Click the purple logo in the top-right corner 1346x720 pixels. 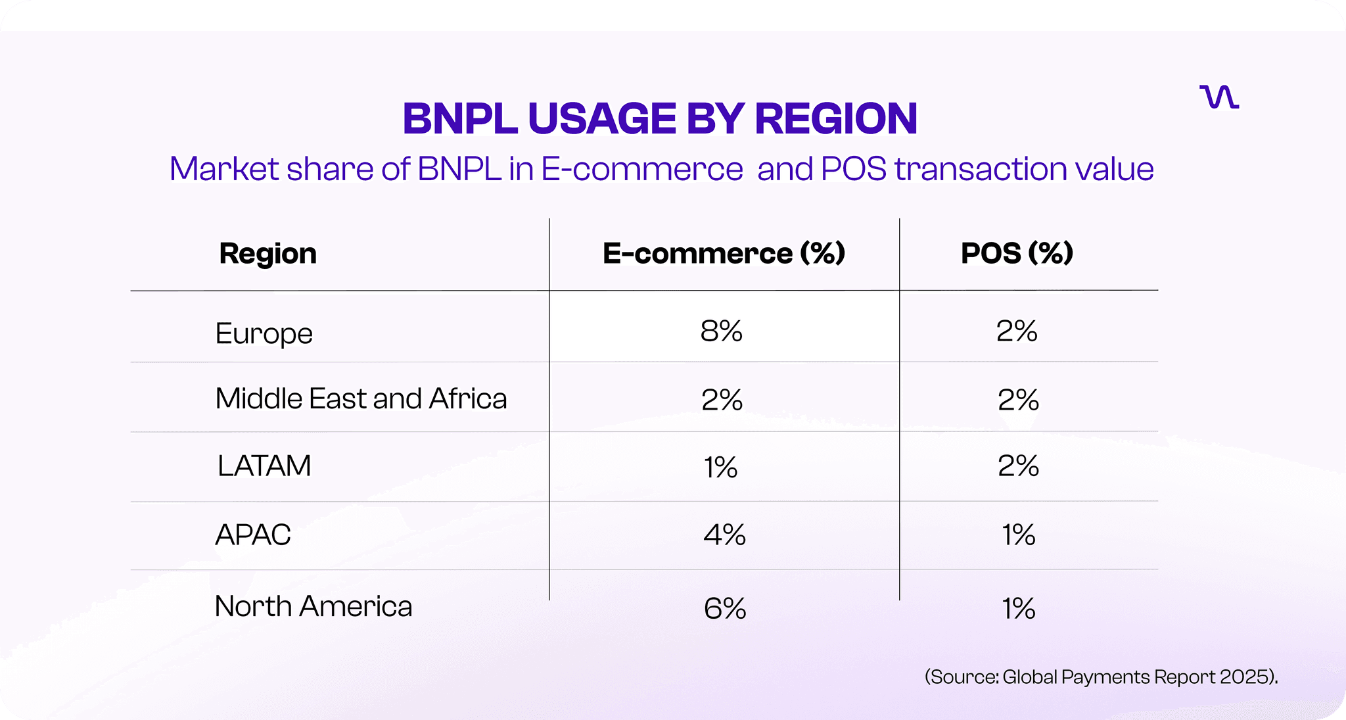1219,97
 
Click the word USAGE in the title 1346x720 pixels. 602,119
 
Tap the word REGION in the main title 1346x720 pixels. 835,119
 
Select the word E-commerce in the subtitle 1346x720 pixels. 642,169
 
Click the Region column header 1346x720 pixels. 267,254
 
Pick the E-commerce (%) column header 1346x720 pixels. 724,254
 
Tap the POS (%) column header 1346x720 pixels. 1017,254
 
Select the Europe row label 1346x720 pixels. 264,333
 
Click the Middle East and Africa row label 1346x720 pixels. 361,398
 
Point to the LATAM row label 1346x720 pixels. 264,466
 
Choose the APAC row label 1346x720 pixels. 253,535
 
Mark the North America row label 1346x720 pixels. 313,606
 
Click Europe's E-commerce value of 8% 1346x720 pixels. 721,331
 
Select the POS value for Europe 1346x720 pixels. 1017,331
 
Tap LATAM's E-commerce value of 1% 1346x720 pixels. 720,468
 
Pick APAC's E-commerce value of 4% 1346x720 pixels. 724,535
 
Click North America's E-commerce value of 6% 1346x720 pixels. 724,609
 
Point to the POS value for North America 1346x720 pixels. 1018,609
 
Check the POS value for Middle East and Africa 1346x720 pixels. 1018,400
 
